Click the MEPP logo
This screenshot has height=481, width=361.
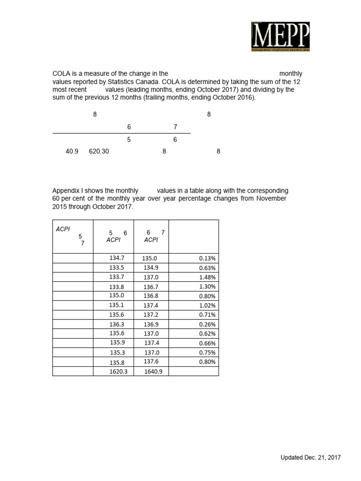[x=280, y=37]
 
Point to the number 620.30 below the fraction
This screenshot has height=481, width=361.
[x=99, y=152]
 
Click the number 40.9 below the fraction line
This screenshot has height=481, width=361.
[x=72, y=152]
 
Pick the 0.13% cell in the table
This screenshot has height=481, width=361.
[x=207, y=258]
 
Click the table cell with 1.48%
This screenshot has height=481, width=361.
[x=207, y=277]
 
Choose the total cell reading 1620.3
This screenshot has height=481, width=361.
[x=118, y=372]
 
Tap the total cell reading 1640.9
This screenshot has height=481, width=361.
[x=153, y=372]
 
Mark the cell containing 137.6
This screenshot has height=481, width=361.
[x=151, y=362]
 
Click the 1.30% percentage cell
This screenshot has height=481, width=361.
[x=207, y=287]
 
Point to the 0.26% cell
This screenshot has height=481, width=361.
[x=207, y=325]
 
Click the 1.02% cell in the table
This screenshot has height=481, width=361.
[x=207, y=305]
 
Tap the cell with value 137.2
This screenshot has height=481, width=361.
[x=151, y=315]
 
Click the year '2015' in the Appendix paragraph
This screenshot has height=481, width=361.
[x=60, y=207]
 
